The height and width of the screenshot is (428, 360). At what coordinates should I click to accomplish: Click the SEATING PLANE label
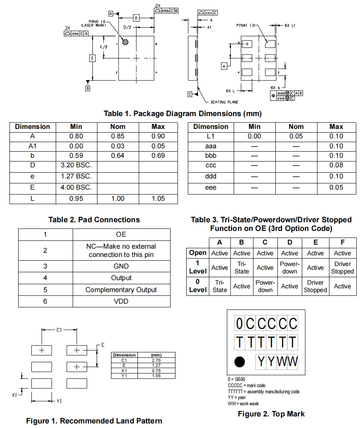(x=224, y=102)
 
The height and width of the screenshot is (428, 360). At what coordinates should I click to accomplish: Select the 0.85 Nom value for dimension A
(x=118, y=136)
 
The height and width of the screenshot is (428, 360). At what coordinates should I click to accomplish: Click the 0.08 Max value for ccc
(x=336, y=165)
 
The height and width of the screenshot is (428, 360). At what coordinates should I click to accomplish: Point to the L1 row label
(x=211, y=136)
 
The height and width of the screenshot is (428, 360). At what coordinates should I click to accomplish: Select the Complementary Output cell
(x=121, y=290)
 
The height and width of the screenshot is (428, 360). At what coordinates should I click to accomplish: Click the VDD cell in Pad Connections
(x=121, y=301)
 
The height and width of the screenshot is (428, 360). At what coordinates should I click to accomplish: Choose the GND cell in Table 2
(x=121, y=266)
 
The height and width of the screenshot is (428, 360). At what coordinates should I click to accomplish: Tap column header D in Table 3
(x=289, y=243)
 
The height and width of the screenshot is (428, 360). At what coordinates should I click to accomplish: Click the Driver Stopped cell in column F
(x=342, y=268)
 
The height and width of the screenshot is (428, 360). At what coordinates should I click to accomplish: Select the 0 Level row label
(x=198, y=286)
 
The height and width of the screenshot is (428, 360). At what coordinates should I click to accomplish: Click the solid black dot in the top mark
(x=240, y=362)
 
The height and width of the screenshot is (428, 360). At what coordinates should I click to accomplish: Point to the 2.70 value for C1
(x=156, y=360)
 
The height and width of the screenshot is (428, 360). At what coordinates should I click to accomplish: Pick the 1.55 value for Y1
(x=156, y=376)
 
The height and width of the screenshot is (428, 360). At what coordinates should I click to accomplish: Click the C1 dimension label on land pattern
(x=59, y=330)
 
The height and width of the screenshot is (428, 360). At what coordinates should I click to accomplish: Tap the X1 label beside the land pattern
(x=15, y=395)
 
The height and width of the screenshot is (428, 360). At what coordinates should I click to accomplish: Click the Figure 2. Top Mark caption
(x=271, y=414)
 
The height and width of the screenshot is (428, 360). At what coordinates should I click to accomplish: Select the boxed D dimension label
(x=136, y=18)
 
